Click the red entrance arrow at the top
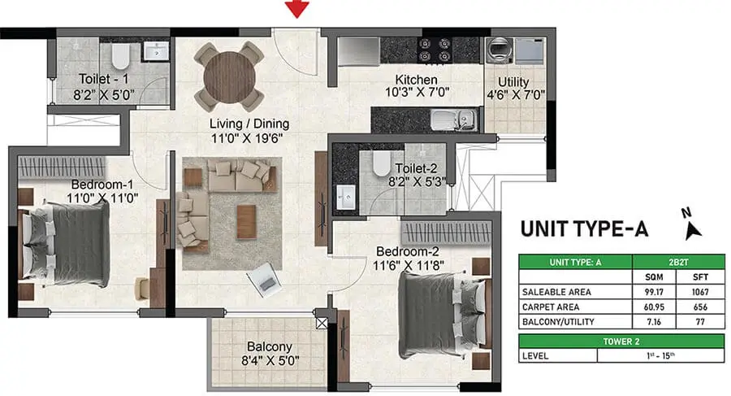coord(297,9)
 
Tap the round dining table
coord(229,76)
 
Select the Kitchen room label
coord(417,80)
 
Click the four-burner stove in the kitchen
coord(434,50)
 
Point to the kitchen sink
coord(453,120)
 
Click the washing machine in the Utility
coord(500,50)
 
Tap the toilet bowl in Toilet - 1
coord(120,55)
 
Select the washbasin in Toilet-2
coord(345,197)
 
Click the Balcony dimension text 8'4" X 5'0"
coord(270,361)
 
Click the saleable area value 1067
coord(700,292)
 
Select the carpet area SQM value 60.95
coord(654,307)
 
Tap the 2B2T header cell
coord(678,262)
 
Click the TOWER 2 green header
coord(621,342)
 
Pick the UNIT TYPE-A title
coord(584,228)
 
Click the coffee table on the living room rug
coord(246,222)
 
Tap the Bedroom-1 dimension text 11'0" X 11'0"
coord(102,198)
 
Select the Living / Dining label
coord(249,124)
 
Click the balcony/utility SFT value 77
coord(700,322)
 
